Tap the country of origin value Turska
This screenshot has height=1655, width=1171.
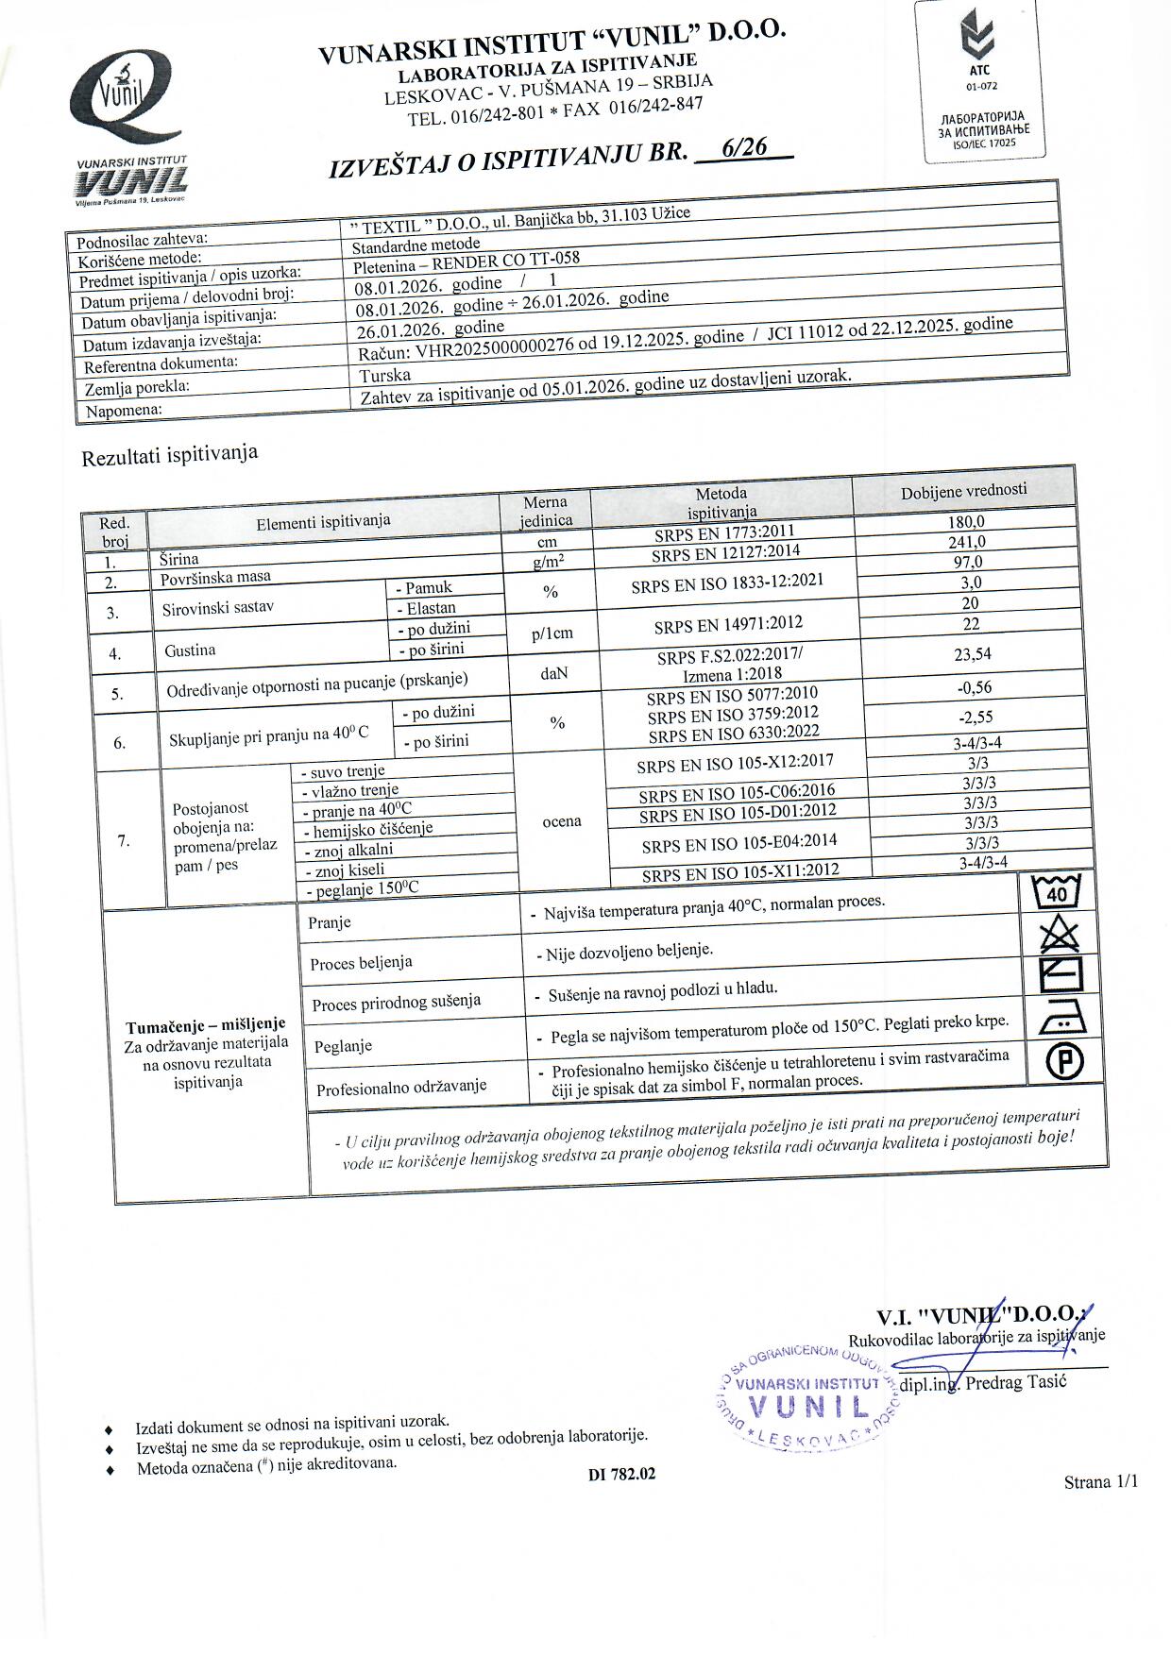click(385, 375)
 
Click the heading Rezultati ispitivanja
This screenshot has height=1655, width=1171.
click(170, 456)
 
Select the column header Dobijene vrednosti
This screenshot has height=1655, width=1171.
click(963, 490)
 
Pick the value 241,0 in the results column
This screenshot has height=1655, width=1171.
click(966, 542)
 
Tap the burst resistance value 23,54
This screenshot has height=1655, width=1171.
click(973, 654)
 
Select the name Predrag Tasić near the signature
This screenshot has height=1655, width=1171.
click(1014, 1381)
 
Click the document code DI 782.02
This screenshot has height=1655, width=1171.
click(620, 1474)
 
